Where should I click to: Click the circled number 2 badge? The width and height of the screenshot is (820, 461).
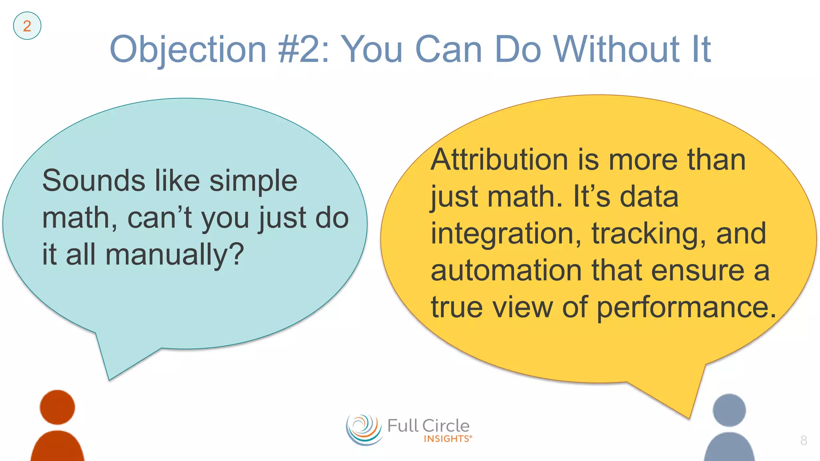tap(27, 26)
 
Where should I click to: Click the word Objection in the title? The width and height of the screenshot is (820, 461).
tap(188, 50)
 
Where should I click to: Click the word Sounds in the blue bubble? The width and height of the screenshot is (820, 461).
tap(93, 180)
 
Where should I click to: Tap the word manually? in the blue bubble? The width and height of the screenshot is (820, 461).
tap(175, 255)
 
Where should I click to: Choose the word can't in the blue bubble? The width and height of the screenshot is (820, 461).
tap(159, 218)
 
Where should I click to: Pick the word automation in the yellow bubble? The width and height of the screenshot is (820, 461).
tap(506, 271)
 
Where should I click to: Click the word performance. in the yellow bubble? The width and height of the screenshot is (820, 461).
tap(686, 308)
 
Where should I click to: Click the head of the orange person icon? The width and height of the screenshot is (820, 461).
tap(57, 407)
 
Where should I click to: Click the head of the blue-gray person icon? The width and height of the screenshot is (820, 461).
tap(729, 410)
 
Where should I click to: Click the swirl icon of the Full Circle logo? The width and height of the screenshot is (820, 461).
tap(364, 430)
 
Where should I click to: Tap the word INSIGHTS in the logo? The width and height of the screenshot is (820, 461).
tap(447, 439)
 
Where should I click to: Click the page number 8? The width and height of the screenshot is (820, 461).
tap(803, 440)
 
